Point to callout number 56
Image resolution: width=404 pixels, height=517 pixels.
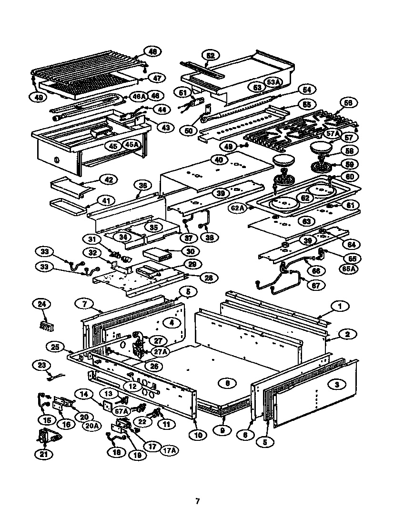(x=349, y=103)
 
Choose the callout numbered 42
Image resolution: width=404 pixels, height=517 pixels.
(x=109, y=179)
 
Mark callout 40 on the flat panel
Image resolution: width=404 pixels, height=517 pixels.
(x=218, y=160)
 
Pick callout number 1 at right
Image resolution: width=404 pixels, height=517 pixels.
(x=340, y=307)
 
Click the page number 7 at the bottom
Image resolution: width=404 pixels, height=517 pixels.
(x=197, y=501)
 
